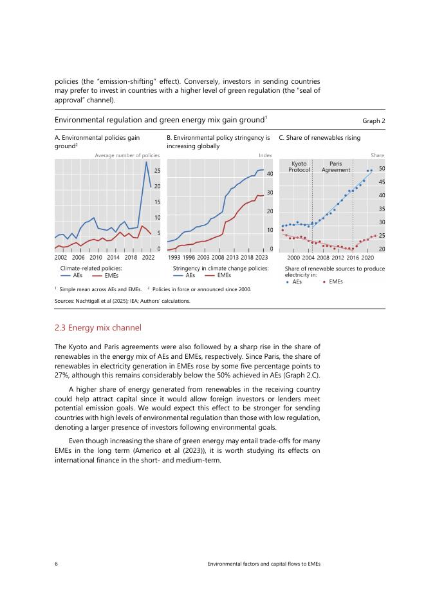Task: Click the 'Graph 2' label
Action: click(373, 120)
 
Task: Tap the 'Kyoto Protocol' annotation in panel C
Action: click(299, 167)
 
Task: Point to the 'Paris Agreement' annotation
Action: click(335, 167)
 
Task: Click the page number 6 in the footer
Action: click(57, 564)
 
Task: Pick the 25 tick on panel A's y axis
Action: click(156, 171)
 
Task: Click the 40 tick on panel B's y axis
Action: click(270, 174)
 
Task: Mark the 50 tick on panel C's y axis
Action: click(382, 169)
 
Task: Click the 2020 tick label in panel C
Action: click(367, 257)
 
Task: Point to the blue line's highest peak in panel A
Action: click(147, 162)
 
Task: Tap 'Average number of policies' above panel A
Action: click(127, 155)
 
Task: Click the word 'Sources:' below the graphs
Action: click(65, 300)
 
